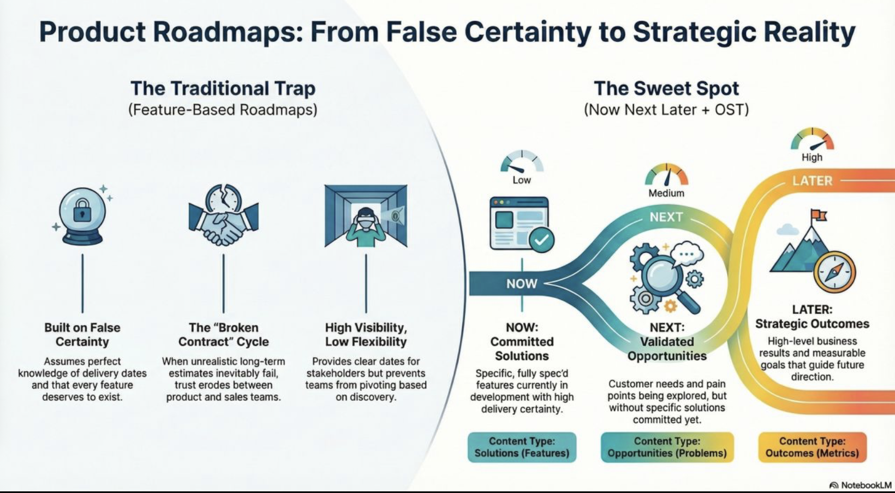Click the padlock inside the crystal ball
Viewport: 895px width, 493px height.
tap(82, 210)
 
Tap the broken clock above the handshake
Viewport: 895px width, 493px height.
tap(224, 199)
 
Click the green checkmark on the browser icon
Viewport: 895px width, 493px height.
tap(541, 240)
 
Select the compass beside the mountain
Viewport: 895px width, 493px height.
tap(835, 271)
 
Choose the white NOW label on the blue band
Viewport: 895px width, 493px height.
tap(521, 283)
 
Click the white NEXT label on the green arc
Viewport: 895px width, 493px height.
tap(666, 217)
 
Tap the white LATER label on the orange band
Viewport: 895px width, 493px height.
tap(812, 181)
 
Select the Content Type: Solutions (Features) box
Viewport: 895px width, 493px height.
tap(522, 447)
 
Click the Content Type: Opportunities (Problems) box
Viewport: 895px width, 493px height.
tap(667, 447)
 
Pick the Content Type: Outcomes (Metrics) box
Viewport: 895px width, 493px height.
tap(812, 447)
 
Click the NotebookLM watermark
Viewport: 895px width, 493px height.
tap(861, 485)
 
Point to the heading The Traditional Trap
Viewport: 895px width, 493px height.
tap(223, 88)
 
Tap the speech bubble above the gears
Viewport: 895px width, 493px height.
tap(687, 253)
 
